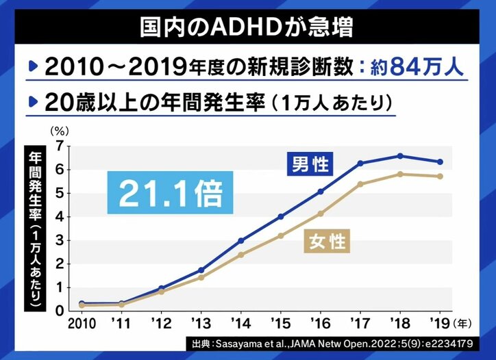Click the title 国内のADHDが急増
247,28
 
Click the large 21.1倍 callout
171,194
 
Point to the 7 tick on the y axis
60,146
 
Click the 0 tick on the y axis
60,311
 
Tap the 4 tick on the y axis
60,216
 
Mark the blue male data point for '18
400,156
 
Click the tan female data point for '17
360,184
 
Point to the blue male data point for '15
281,216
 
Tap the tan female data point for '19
440,177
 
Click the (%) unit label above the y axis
59,129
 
